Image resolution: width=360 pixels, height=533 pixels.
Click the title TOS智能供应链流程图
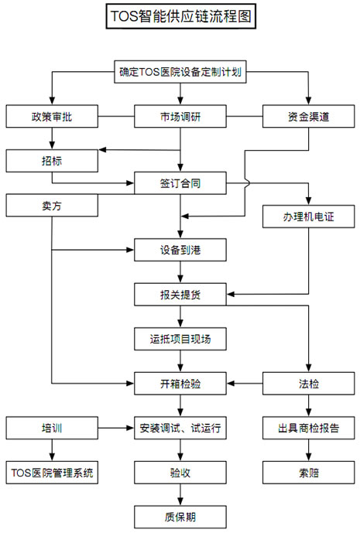pyautogui.click(x=180, y=16)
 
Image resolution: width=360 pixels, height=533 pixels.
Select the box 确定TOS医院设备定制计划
pyautogui.click(x=180, y=72)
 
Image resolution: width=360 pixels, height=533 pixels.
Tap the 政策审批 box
pyautogui.click(x=52, y=116)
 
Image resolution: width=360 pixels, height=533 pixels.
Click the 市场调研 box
pyautogui.click(x=180, y=116)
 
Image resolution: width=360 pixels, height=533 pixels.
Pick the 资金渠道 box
pyautogui.click(x=309, y=116)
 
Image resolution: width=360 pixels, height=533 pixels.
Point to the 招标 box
pyautogui.click(x=52, y=161)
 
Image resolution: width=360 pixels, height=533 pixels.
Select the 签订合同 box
pyautogui.click(x=180, y=183)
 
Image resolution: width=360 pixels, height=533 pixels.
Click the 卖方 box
pyautogui.click(x=52, y=205)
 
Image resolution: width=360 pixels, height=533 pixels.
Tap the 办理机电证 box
pyautogui.click(x=309, y=217)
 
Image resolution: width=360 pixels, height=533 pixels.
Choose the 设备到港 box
pyautogui.click(x=180, y=250)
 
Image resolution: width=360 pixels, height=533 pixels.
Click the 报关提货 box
pyautogui.click(x=180, y=295)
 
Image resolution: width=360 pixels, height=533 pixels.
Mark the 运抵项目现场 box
pyautogui.click(x=180, y=339)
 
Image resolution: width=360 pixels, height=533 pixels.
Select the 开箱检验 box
pyautogui.click(x=180, y=384)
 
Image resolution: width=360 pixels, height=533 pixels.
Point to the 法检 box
pyautogui.click(x=309, y=384)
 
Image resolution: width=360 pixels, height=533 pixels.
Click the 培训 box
pyautogui.click(x=52, y=428)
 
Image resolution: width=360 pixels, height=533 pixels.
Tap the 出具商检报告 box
pyautogui.click(x=309, y=428)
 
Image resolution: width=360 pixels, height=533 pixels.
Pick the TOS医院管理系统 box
pyautogui.click(x=52, y=473)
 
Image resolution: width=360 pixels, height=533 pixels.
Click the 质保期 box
pyautogui.click(x=180, y=517)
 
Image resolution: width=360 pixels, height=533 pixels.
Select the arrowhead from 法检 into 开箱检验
pyautogui.click(x=231, y=384)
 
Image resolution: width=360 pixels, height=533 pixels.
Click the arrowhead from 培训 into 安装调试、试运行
pyautogui.click(x=130, y=428)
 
